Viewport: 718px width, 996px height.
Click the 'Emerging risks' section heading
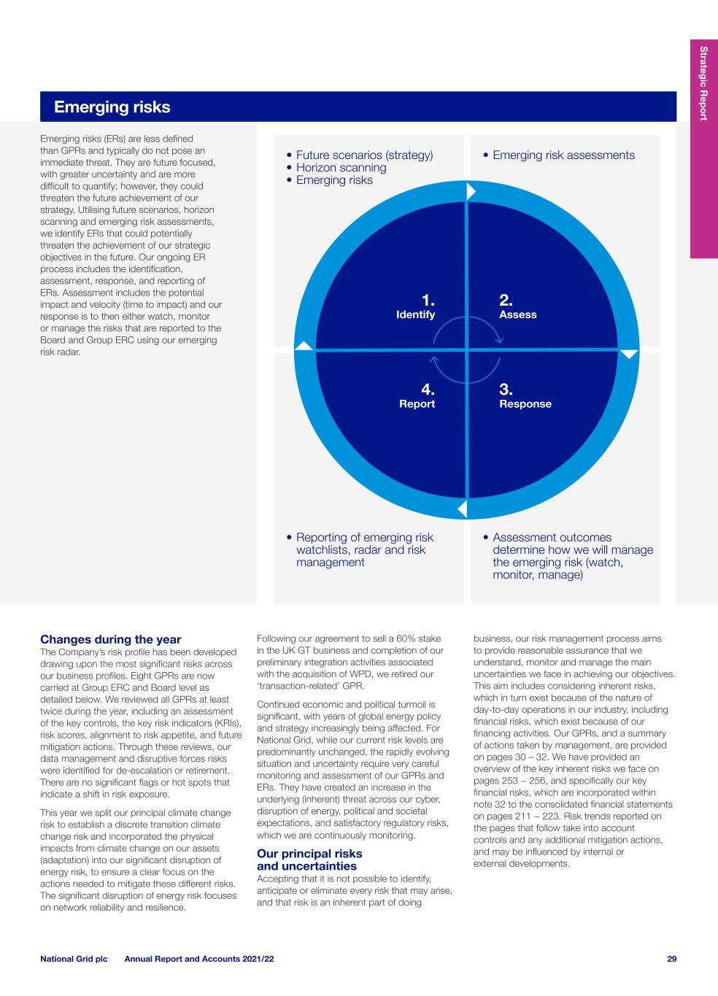(x=112, y=107)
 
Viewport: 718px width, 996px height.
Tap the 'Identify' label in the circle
(x=415, y=314)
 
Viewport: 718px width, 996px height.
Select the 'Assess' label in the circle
(x=517, y=314)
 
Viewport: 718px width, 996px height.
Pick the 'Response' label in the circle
(x=525, y=404)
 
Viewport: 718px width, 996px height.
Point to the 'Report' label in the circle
(x=417, y=404)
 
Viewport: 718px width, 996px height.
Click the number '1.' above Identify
(x=428, y=300)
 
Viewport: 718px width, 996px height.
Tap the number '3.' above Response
(x=506, y=390)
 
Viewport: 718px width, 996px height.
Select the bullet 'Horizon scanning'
(x=341, y=168)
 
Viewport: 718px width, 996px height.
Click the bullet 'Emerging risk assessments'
(x=563, y=155)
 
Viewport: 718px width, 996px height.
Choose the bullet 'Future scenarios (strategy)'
(x=364, y=155)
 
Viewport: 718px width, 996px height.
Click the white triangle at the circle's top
(x=471, y=191)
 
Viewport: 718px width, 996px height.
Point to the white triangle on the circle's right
(x=629, y=354)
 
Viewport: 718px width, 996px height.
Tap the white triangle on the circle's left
(x=304, y=346)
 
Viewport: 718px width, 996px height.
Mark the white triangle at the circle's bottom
(x=462, y=509)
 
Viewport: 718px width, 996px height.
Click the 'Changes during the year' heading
(x=111, y=640)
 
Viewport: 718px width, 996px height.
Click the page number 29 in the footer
(x=671, y=959)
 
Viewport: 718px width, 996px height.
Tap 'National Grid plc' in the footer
(x=74, y=959)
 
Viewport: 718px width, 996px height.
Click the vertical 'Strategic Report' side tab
(x=703, y=83)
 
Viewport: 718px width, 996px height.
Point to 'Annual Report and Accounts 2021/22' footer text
(x=199, y=959)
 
